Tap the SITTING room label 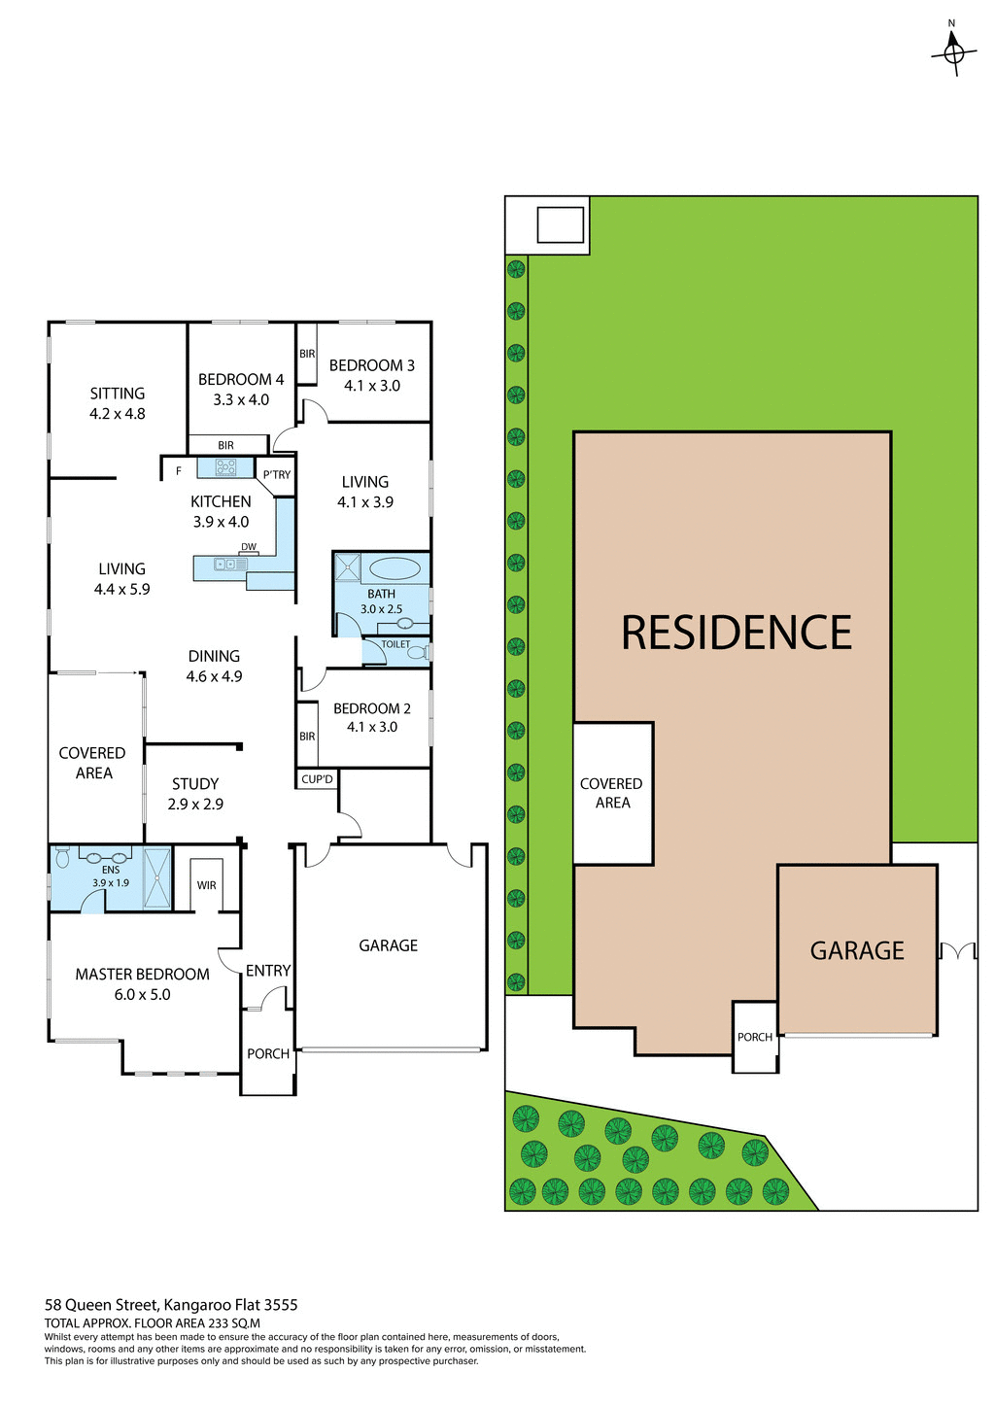[x=118, y=394]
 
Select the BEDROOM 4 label [x=241, y=380]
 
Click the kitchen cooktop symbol [x=226, y=467]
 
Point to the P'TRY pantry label [x=277, y=475]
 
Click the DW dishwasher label [x=249, y=547]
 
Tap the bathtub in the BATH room [x=394, y=568]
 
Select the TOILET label [x=395, y=644]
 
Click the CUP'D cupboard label [x=317, y=779]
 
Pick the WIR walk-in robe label [x=206, y=885]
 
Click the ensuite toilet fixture [x=63, y=857]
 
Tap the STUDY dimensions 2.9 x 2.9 [x=195, y=805]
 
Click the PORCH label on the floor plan [x=268, y=1054]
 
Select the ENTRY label [x=268, y=971]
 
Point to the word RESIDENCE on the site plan [x=737, y=633]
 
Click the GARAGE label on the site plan [x=857, y=950]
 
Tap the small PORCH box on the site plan [x=755, y=1037]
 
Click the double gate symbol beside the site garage [x=957, y=950]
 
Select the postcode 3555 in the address [x=280, y=1305]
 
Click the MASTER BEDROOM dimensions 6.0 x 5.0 [x=142, y=995]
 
